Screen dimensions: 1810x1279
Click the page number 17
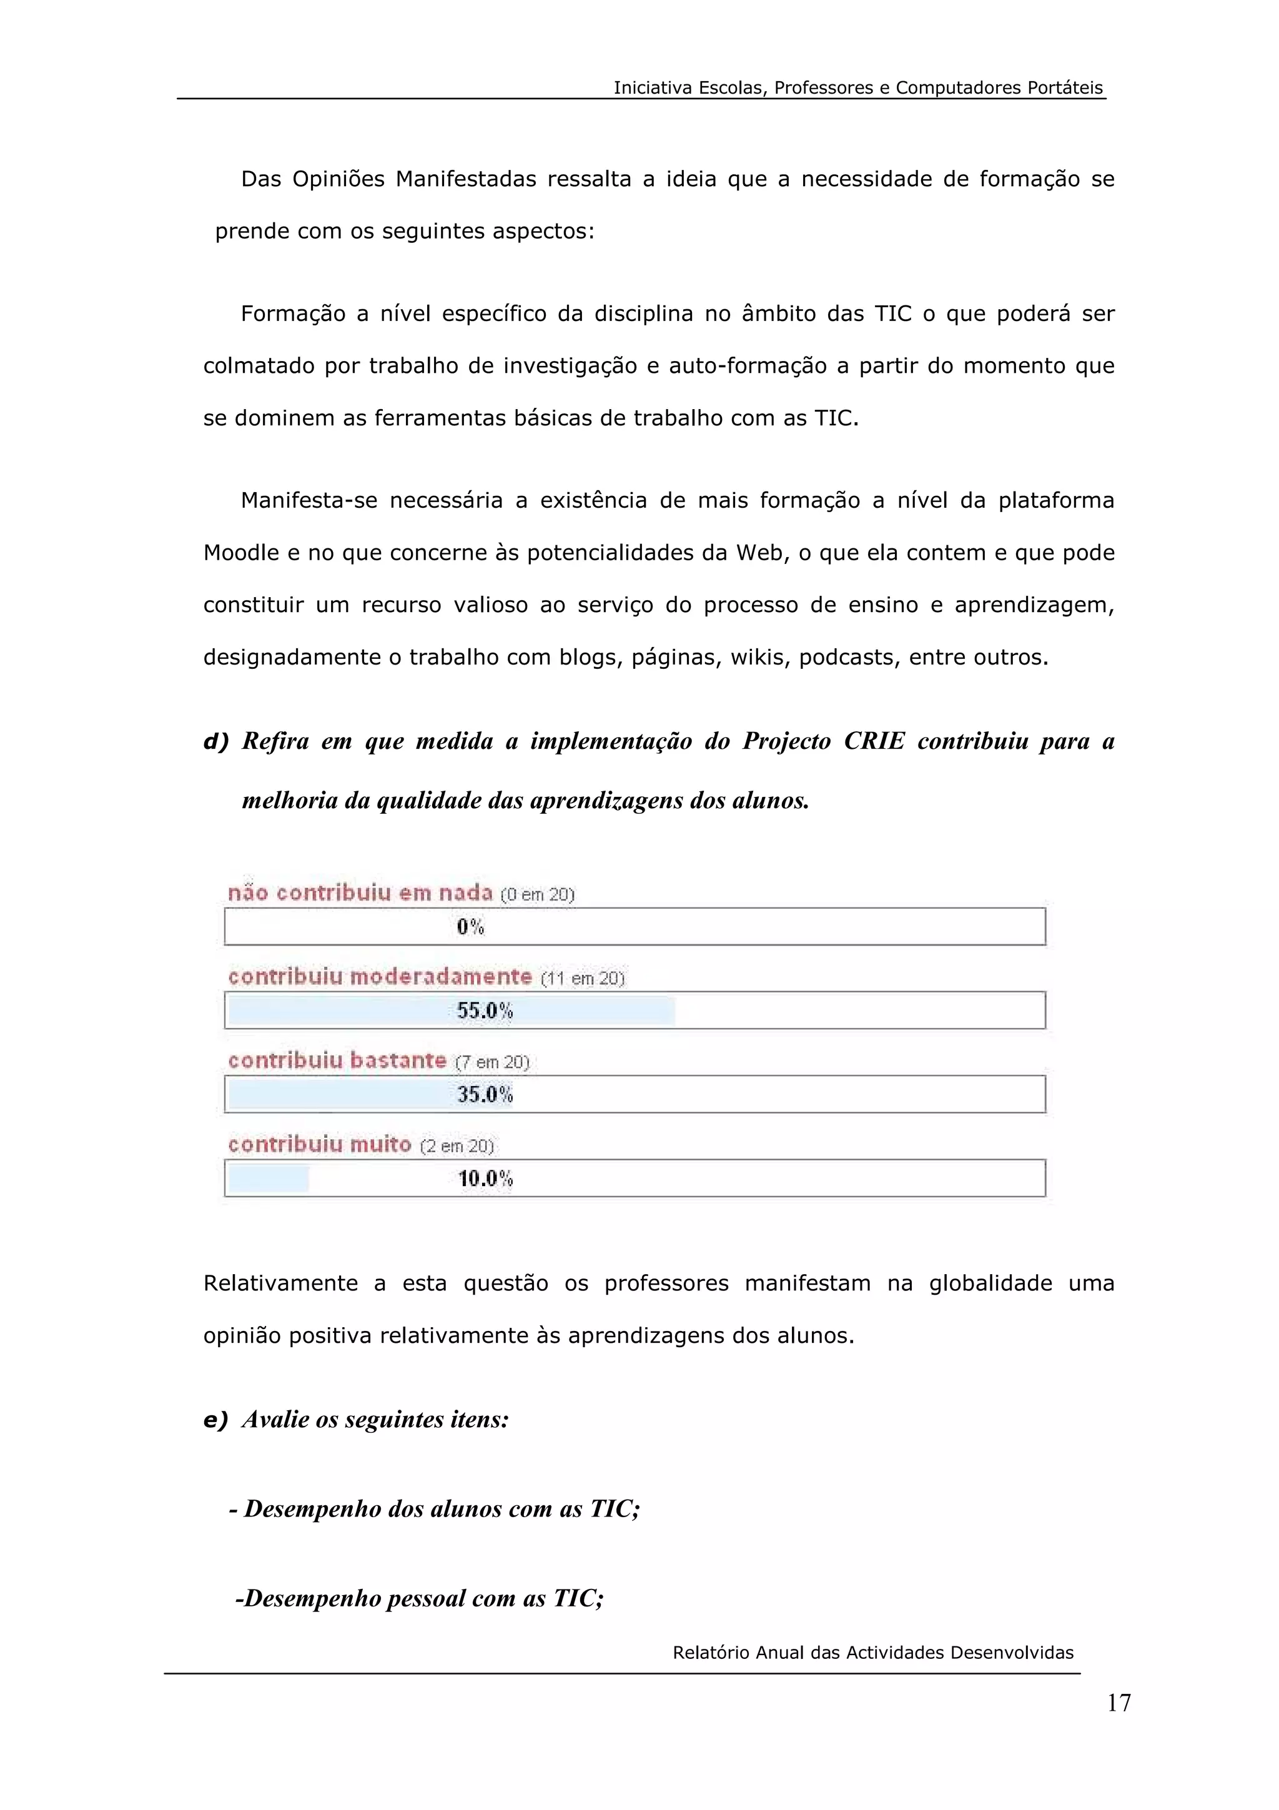pyautogui.click(x=1119, y=1703)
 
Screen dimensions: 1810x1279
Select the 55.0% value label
pyautogui.click(x=485, y=1011)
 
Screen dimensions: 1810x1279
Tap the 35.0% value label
pyautogui.click(x=485, y=1094)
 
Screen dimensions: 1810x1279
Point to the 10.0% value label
pyautogui.click(x=485, y=1179)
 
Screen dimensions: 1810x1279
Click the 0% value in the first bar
pyautogui.click(x=470, y=927)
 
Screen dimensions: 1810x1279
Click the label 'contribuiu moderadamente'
pyautogui.click(x=380, y=977)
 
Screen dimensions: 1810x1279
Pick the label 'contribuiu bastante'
pyautogui.click(x=337, y=1061)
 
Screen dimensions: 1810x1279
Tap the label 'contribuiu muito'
pyautogui.click(x=320, y=1145)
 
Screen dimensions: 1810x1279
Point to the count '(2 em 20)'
pyautogui.click(x=457, y=1146)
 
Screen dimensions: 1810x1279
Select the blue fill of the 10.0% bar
pyautogui.click(x=268, y=1179)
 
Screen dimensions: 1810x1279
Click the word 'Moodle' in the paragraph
pyautogui.click(x=240, y=553)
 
